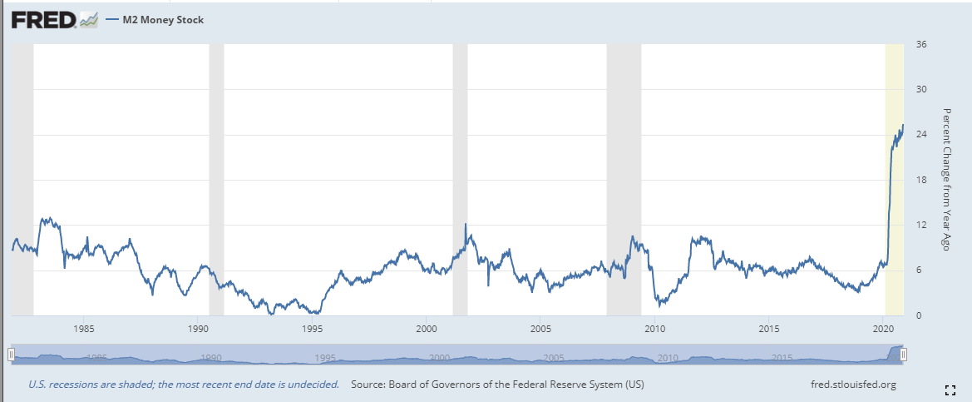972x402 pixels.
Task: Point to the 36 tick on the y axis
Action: (x=920, y=44)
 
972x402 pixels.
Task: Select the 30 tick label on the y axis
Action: (x=920, y=89)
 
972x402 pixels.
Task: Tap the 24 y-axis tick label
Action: (x=920, y=135)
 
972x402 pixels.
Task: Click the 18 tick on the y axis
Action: (x=920, y=180)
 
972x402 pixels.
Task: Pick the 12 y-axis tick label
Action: (x=920, y=226)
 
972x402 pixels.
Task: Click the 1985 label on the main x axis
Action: (x=84, y=327)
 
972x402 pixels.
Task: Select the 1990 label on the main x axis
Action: (x=198, y=327)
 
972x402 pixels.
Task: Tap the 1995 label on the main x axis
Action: (x=312, y=327)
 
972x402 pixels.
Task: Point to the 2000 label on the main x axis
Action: (x=426, y=327)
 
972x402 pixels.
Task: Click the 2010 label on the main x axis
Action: (x=654, y=327)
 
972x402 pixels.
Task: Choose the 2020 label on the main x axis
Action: (x=883, y=327)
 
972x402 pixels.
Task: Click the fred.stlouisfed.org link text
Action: (x=852, y=385)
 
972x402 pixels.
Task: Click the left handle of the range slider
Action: (x=11, y=355)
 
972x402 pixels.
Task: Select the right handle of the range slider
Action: (x=903, y=355)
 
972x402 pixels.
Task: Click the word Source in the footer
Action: (x=370, y=385)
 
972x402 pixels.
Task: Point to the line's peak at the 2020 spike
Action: (x=903, y=125)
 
